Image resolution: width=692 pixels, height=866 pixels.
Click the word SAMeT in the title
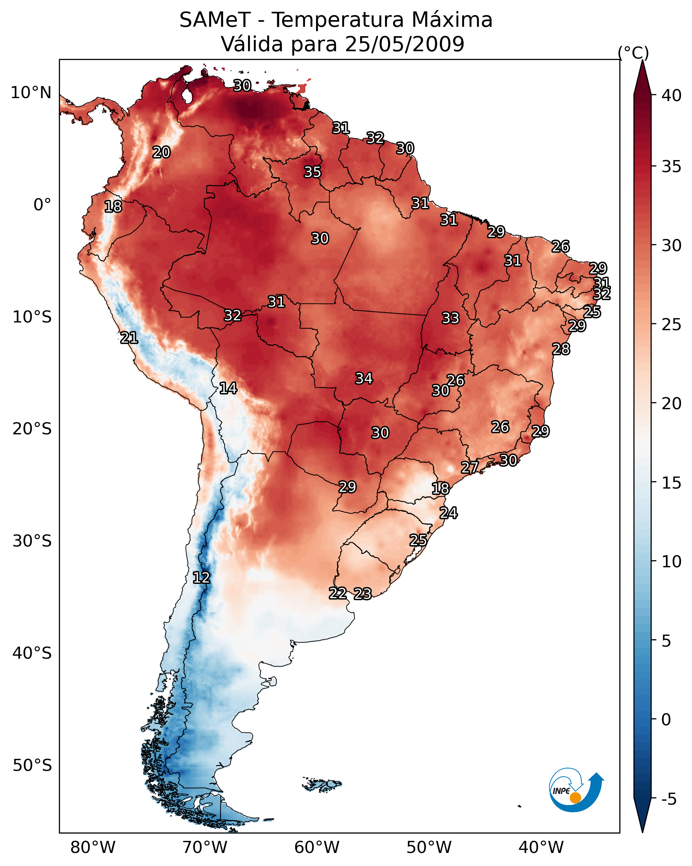pyautogui.click(x=215, y=20)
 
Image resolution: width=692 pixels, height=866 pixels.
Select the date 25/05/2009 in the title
pyautogui.click(x=404, y=44)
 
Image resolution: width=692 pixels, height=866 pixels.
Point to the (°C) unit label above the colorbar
pyautogui.click(x=633, y=53)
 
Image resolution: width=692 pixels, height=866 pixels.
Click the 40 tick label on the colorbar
pyautogui.click(x=672, y=95)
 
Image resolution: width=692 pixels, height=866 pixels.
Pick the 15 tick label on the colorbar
pyautogui.click(x=672, y=483)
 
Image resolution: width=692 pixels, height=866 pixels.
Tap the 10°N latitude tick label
pyautogui.click(x=31, y=93)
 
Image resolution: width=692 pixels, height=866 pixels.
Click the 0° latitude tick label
pyautogui.click(x=42, y=205)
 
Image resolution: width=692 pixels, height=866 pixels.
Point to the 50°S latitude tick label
pyautogui.click(x=32, y=766)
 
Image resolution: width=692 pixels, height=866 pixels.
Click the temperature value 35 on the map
pyautogui.click(x=312, y=172)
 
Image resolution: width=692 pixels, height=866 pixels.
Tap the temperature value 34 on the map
pyautogui.click(x=364, y=378)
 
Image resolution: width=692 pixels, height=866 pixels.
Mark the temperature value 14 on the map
pyautogui.click(x=228, y=388)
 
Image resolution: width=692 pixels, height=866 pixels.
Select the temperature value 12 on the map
pyautogui.click(x=201, y=578)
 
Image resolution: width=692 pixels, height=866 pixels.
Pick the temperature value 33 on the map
pyautogui.click(x=450, y=318)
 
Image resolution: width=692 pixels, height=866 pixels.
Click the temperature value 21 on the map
pyautogui.click(x=129, y=338)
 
